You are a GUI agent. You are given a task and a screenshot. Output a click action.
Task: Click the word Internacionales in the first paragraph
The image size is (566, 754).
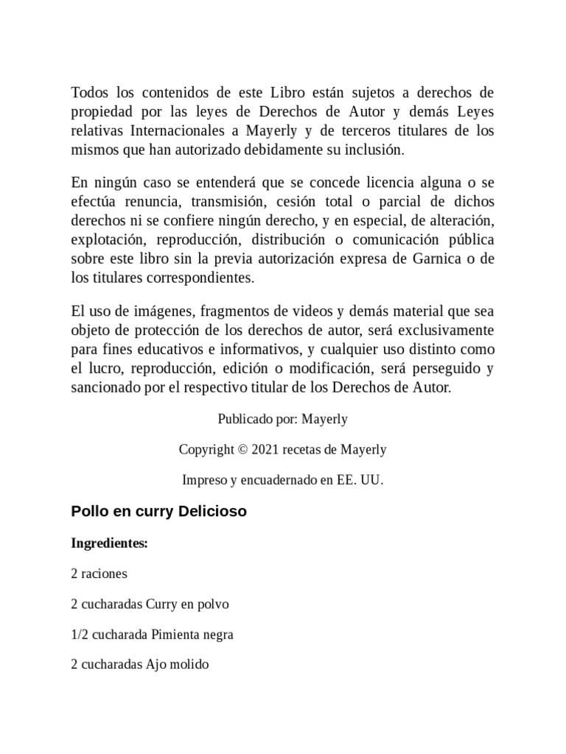click(178, 131)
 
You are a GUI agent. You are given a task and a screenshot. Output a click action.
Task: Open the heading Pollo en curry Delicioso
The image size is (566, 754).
click(158, 511)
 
